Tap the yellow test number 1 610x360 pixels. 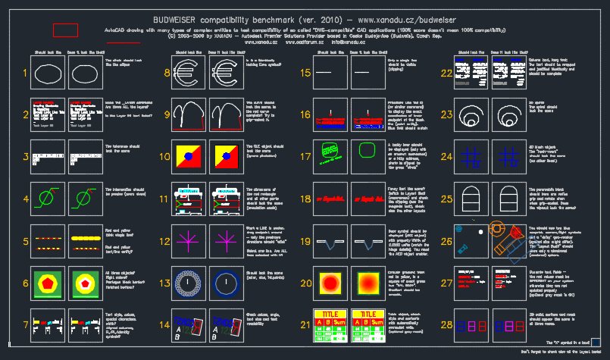[x=25, y=74]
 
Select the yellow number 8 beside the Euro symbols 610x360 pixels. [x=167, y=74]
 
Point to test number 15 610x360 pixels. [x=306, y=74]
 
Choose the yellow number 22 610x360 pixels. [x=446, y=74]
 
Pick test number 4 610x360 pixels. [x=25, y=200]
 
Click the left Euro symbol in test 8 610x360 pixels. [x=185, y=74]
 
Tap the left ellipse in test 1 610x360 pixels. [x=47, y=74]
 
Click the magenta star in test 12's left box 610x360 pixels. [x=186, y=243]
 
